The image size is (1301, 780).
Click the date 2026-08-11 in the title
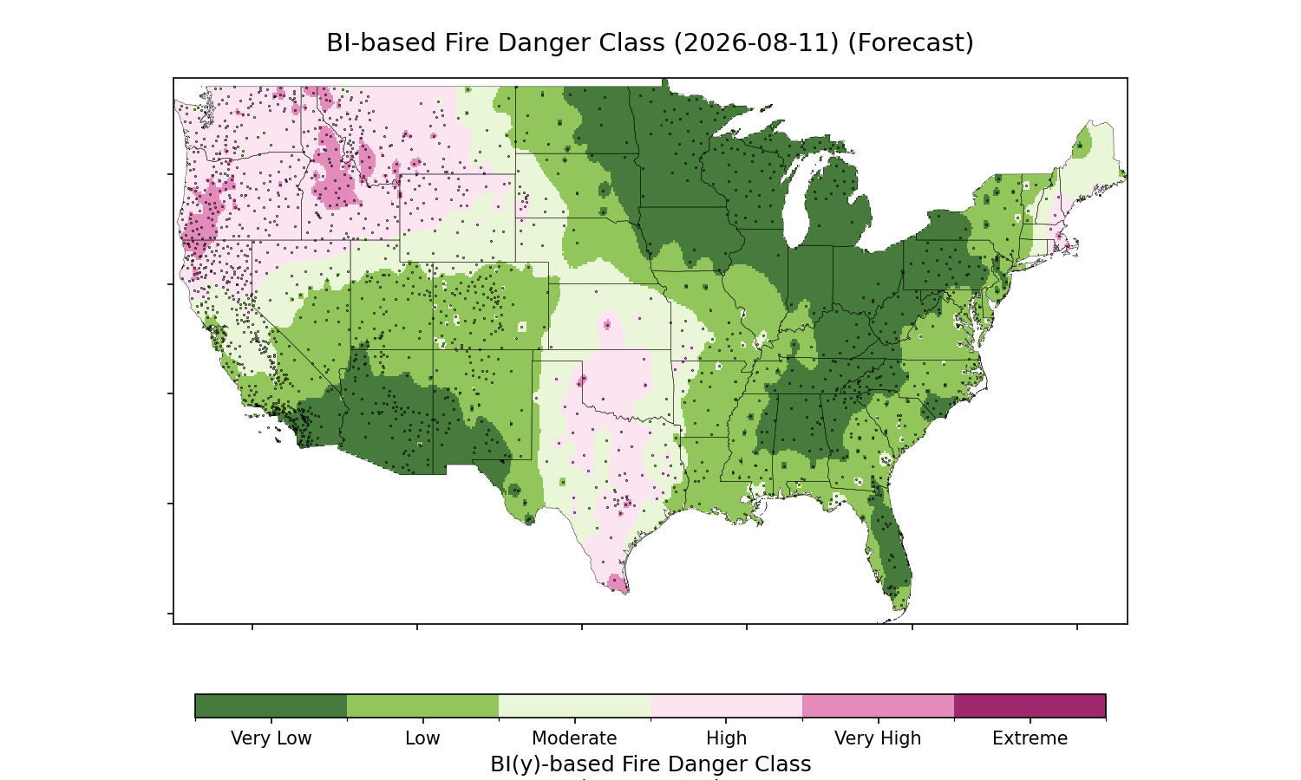(756, 43)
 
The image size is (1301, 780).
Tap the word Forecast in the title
(911, 43)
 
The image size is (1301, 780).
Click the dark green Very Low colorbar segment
(271, 705)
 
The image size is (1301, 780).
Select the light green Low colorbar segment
(423, 705)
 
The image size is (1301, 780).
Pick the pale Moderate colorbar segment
(575, 705)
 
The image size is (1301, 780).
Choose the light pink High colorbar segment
(727, 705)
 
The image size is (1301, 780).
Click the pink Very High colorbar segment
(878, 705)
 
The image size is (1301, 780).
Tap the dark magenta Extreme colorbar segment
(1030, 705)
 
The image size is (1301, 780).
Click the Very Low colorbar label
(271, 738)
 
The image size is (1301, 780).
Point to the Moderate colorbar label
(574, 738)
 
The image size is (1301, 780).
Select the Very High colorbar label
(878, 738)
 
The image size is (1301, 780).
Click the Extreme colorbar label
(1030, 738)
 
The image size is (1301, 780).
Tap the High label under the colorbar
(727, 738)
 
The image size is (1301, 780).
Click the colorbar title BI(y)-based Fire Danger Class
(650, 764)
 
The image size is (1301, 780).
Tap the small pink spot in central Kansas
(607, 325)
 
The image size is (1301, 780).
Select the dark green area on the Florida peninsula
(891, 545)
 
